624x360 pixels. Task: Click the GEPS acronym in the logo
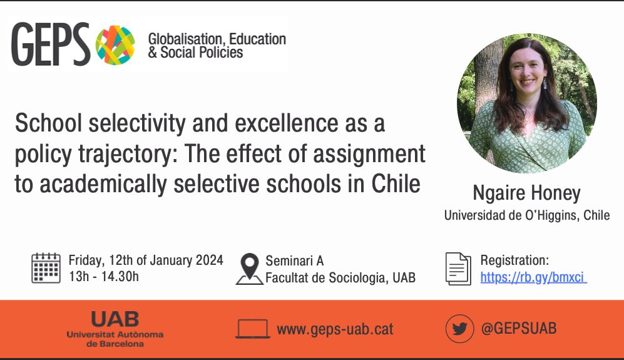(50, 46)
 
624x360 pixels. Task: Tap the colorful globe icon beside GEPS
(115, 46)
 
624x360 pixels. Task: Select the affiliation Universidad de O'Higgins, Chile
(527, 215)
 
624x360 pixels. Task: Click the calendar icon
(46, 268)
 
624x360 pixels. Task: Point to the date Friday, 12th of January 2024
(146, 260)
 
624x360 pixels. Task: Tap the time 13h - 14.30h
(104, 276)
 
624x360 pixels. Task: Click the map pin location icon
(249, 269)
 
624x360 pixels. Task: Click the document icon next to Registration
(458, 268)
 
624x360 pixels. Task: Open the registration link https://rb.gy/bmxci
(533, 277)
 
